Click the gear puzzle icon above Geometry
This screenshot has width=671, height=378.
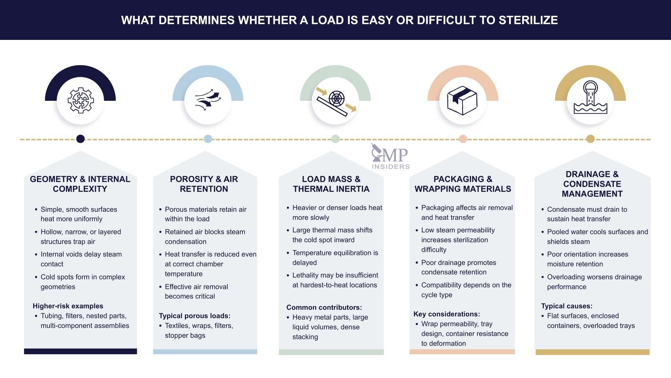click(x=81, y=100)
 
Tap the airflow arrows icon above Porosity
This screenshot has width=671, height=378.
click(x=208, y=100)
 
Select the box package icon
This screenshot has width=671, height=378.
click(x=462, y=101)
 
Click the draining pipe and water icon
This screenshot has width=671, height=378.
click(x=590, y=98)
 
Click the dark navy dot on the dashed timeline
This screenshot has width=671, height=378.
click(x=81, y=139)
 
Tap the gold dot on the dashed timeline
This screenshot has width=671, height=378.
click(x=590, y=139)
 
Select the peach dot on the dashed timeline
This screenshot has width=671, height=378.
click(x=463, y=139)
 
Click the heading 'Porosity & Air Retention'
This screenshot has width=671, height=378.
click(x=204, y=184)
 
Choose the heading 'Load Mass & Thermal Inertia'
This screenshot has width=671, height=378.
click(x=331, y=184)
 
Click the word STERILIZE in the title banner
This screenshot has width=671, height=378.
click(x=528, y=20)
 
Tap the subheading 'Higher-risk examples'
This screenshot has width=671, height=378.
click(x=68, y=306)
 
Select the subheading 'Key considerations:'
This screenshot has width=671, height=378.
click(x=447, y=314)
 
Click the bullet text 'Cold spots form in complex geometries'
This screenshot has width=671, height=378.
click(x=82, y=282)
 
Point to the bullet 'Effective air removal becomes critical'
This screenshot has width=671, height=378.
click(x=196, y=291)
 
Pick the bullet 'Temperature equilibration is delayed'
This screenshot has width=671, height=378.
click(x=335, y=257)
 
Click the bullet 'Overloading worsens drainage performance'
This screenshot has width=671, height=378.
click(x=594, y=282)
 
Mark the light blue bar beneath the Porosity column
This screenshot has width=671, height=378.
click(x=205, y=352)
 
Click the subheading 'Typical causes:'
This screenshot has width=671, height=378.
click(x=567, y=306)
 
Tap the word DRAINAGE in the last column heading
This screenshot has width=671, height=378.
click(x=588, y=174)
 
